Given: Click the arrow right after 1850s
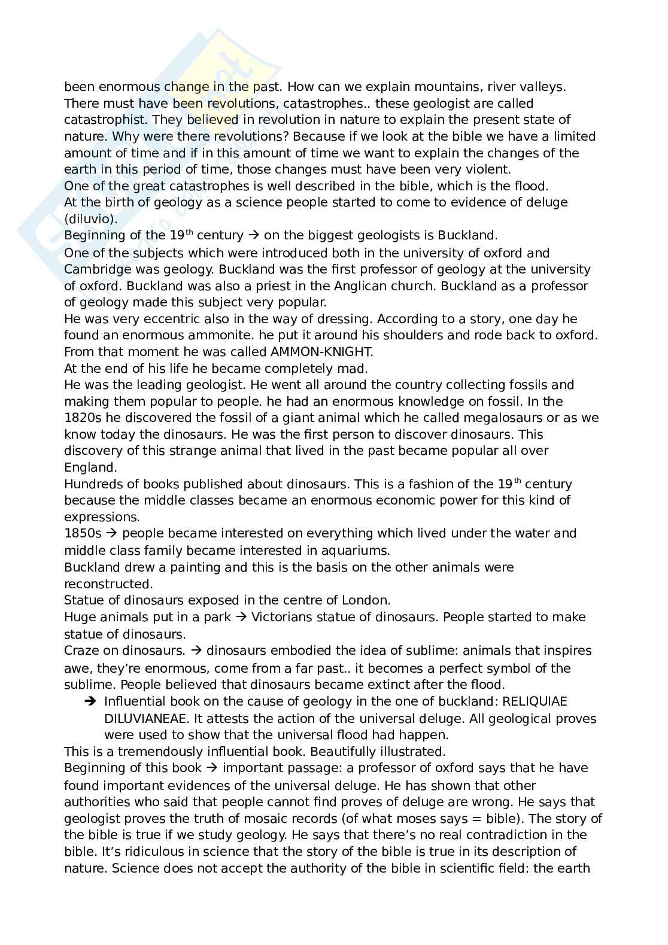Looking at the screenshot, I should [x=112, y=533].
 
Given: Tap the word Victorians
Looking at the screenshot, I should [x=284, y=617].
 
